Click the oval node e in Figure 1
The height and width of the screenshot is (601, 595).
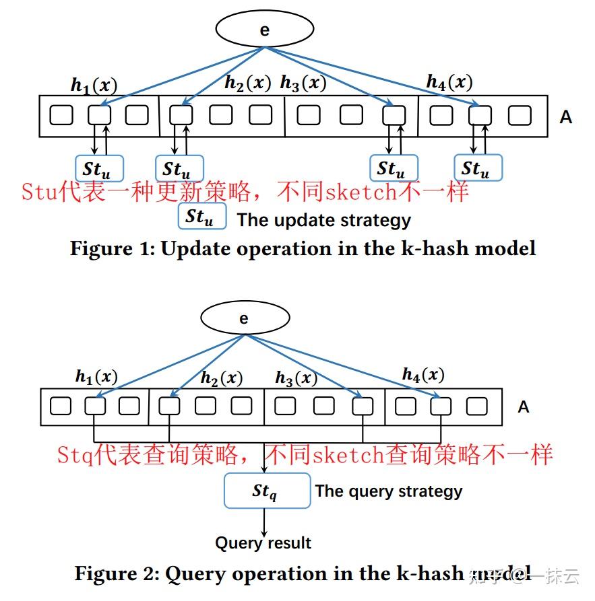coord(264,30)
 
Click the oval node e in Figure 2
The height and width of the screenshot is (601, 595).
coord(244,318)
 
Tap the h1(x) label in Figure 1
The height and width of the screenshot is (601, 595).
coord(94,85)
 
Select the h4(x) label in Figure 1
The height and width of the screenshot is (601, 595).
coord(449,83)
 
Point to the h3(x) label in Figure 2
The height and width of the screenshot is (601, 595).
coord(296,378)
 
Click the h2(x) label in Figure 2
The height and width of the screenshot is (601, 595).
coord(222,378)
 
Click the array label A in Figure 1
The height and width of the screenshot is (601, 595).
coord(565,117)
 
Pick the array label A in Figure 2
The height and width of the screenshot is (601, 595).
coord(524,407)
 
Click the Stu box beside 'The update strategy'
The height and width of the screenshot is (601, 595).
coord(201,217)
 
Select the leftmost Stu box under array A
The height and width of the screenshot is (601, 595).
coord(99,168)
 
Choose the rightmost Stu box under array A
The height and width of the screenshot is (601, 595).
coord(478,168)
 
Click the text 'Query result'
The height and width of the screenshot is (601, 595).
coord(263,543)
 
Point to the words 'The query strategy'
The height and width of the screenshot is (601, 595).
coord(389,491)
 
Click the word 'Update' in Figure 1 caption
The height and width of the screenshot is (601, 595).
coord(195,248)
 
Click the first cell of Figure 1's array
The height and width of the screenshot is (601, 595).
coord(61,115)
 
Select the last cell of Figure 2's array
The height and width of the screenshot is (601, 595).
coord(476,406)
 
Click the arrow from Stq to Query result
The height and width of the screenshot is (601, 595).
coord(265,521)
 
